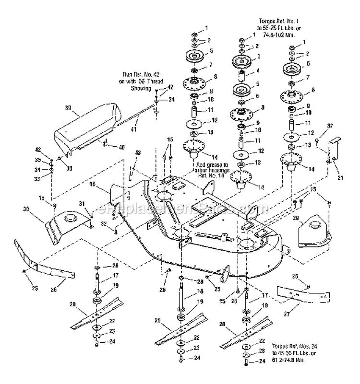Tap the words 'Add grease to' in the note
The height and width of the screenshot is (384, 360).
213,164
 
